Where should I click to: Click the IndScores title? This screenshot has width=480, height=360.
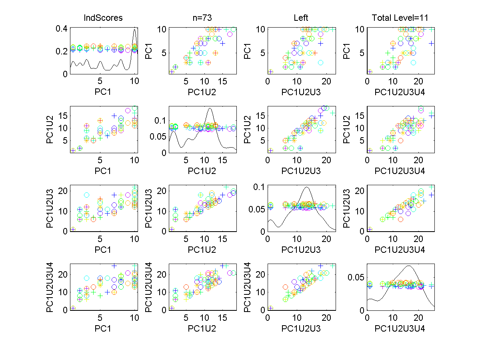(103, 18)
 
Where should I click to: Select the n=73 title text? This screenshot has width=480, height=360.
(202, 18)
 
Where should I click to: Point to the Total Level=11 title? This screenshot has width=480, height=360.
(401, 18)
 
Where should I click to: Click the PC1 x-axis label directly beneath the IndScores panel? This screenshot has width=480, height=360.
(103, 93)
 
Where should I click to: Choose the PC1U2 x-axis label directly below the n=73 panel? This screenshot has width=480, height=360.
(202, 93)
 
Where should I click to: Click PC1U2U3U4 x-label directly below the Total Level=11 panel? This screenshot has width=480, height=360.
(401, 93)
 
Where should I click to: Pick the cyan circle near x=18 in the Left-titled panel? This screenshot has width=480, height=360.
(321, 62)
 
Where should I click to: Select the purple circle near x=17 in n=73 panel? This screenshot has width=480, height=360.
(230, 34)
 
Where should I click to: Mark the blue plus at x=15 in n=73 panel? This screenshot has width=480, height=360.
(222, 43)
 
